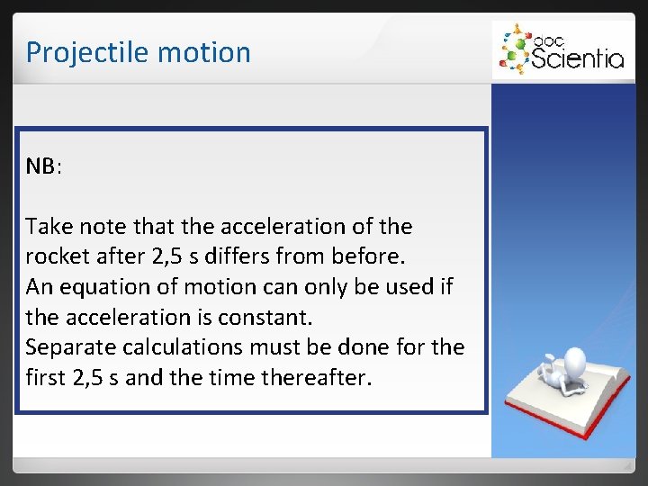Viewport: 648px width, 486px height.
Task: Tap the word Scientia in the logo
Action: click(x=578, y=59)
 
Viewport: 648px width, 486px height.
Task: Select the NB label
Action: click(x=41, y=166)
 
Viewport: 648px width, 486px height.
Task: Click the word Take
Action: click(x=49, y=226)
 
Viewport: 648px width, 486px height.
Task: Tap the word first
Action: click(x=47, y=378)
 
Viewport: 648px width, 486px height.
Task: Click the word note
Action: click(x=103, y=226)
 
